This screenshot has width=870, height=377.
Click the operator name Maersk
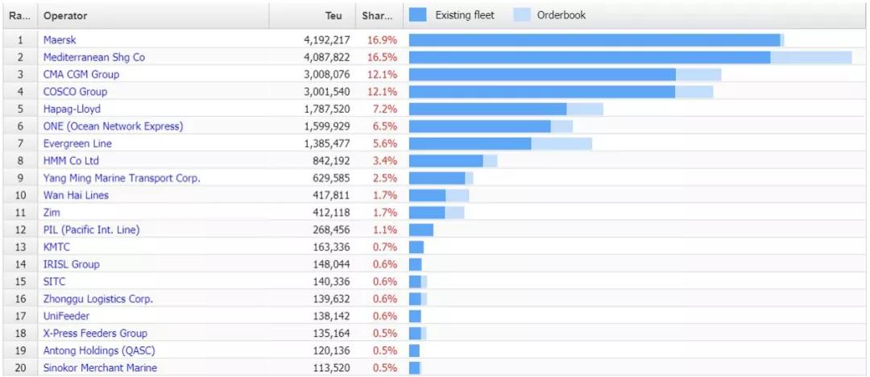pyautogui.click(x=60, y=39)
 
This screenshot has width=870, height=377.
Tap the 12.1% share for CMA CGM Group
pyautogui.click(x=382, y=74)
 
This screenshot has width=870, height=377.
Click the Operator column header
pyautogui.click(x=65, y=15)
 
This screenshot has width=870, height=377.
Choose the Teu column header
pyautogui.click(x=333, y=15)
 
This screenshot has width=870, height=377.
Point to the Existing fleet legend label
pyautogui.click(x=465, y=14)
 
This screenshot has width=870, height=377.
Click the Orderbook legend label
pyautogui.click(x=561, y=14)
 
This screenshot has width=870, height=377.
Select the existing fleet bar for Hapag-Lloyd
pyautogui.click(x=487, y=109)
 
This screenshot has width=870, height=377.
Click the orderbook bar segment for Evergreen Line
pyautogui.click(x=561, y=143)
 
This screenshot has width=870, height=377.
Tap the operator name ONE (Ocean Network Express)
pyautogui.click(x=113, y=126)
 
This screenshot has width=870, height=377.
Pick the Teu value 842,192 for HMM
pyautogui.click(x=328, y=160)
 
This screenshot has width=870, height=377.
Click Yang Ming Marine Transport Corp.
pyautogui.click(x=122, y=178)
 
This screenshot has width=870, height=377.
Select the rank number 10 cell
pyautogui.click(x=20, y=195)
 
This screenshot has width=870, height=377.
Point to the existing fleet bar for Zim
pyautogui.click(x=427, y=213)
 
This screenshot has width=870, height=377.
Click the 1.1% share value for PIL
pyautogui.click(x=384, y=230)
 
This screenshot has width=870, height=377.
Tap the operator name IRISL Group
pyautogui.click(x=71, y=264)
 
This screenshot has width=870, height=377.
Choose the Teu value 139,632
pyautogui.click(x=328, y=299)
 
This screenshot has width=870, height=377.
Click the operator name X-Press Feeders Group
pyautogui.click(x=95, y=333)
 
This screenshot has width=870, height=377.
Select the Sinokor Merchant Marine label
pyautogui.click(x=100, y=367)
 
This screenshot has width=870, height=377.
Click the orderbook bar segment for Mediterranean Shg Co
pyautogui.click(x=810, y=57)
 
